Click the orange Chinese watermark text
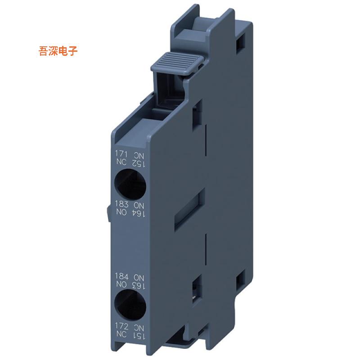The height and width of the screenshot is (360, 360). coord(58,51)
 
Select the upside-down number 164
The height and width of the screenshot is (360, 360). coord(139,213)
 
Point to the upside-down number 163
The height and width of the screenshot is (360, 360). coord(139,284)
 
